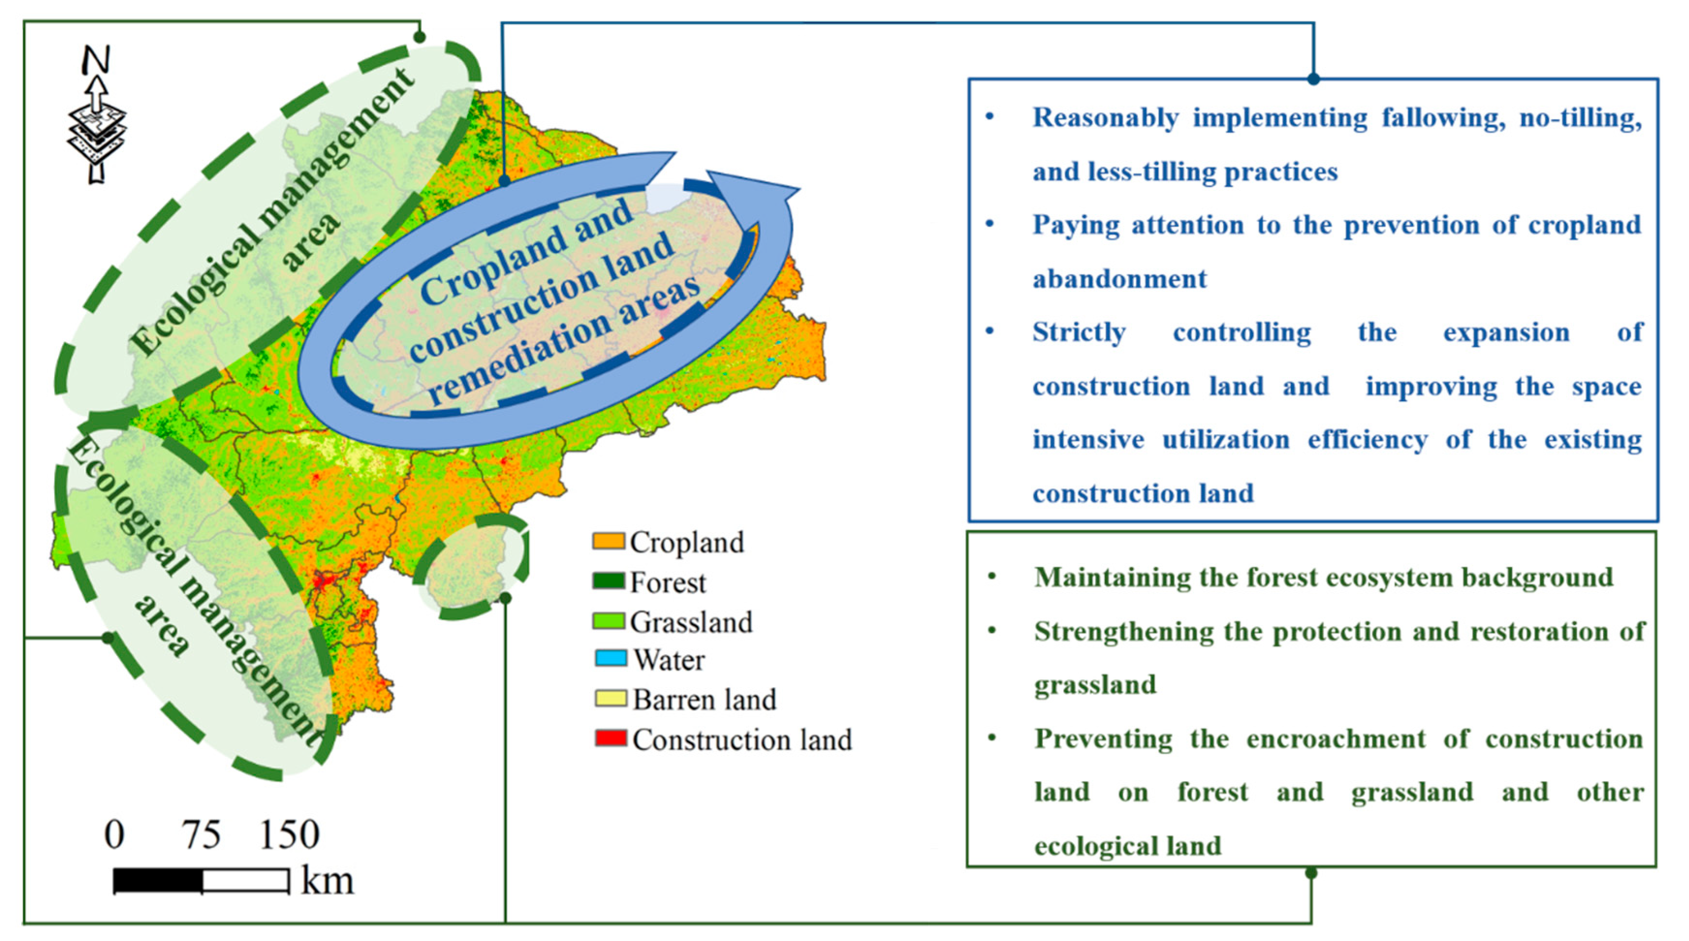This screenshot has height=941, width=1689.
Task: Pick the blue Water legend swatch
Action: (x=610, y=658)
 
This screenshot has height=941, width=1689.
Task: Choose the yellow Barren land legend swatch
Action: (x=610, y=698)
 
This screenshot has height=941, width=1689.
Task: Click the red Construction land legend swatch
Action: (x=610, y=737)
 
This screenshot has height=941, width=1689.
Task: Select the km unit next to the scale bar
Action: (x=327, y=880)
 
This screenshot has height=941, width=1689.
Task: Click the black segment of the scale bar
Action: (x=157, y=880)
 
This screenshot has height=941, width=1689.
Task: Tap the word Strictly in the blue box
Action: (x=1079, y=333)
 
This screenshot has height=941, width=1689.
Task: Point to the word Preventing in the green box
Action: (x=1104, y=739)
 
